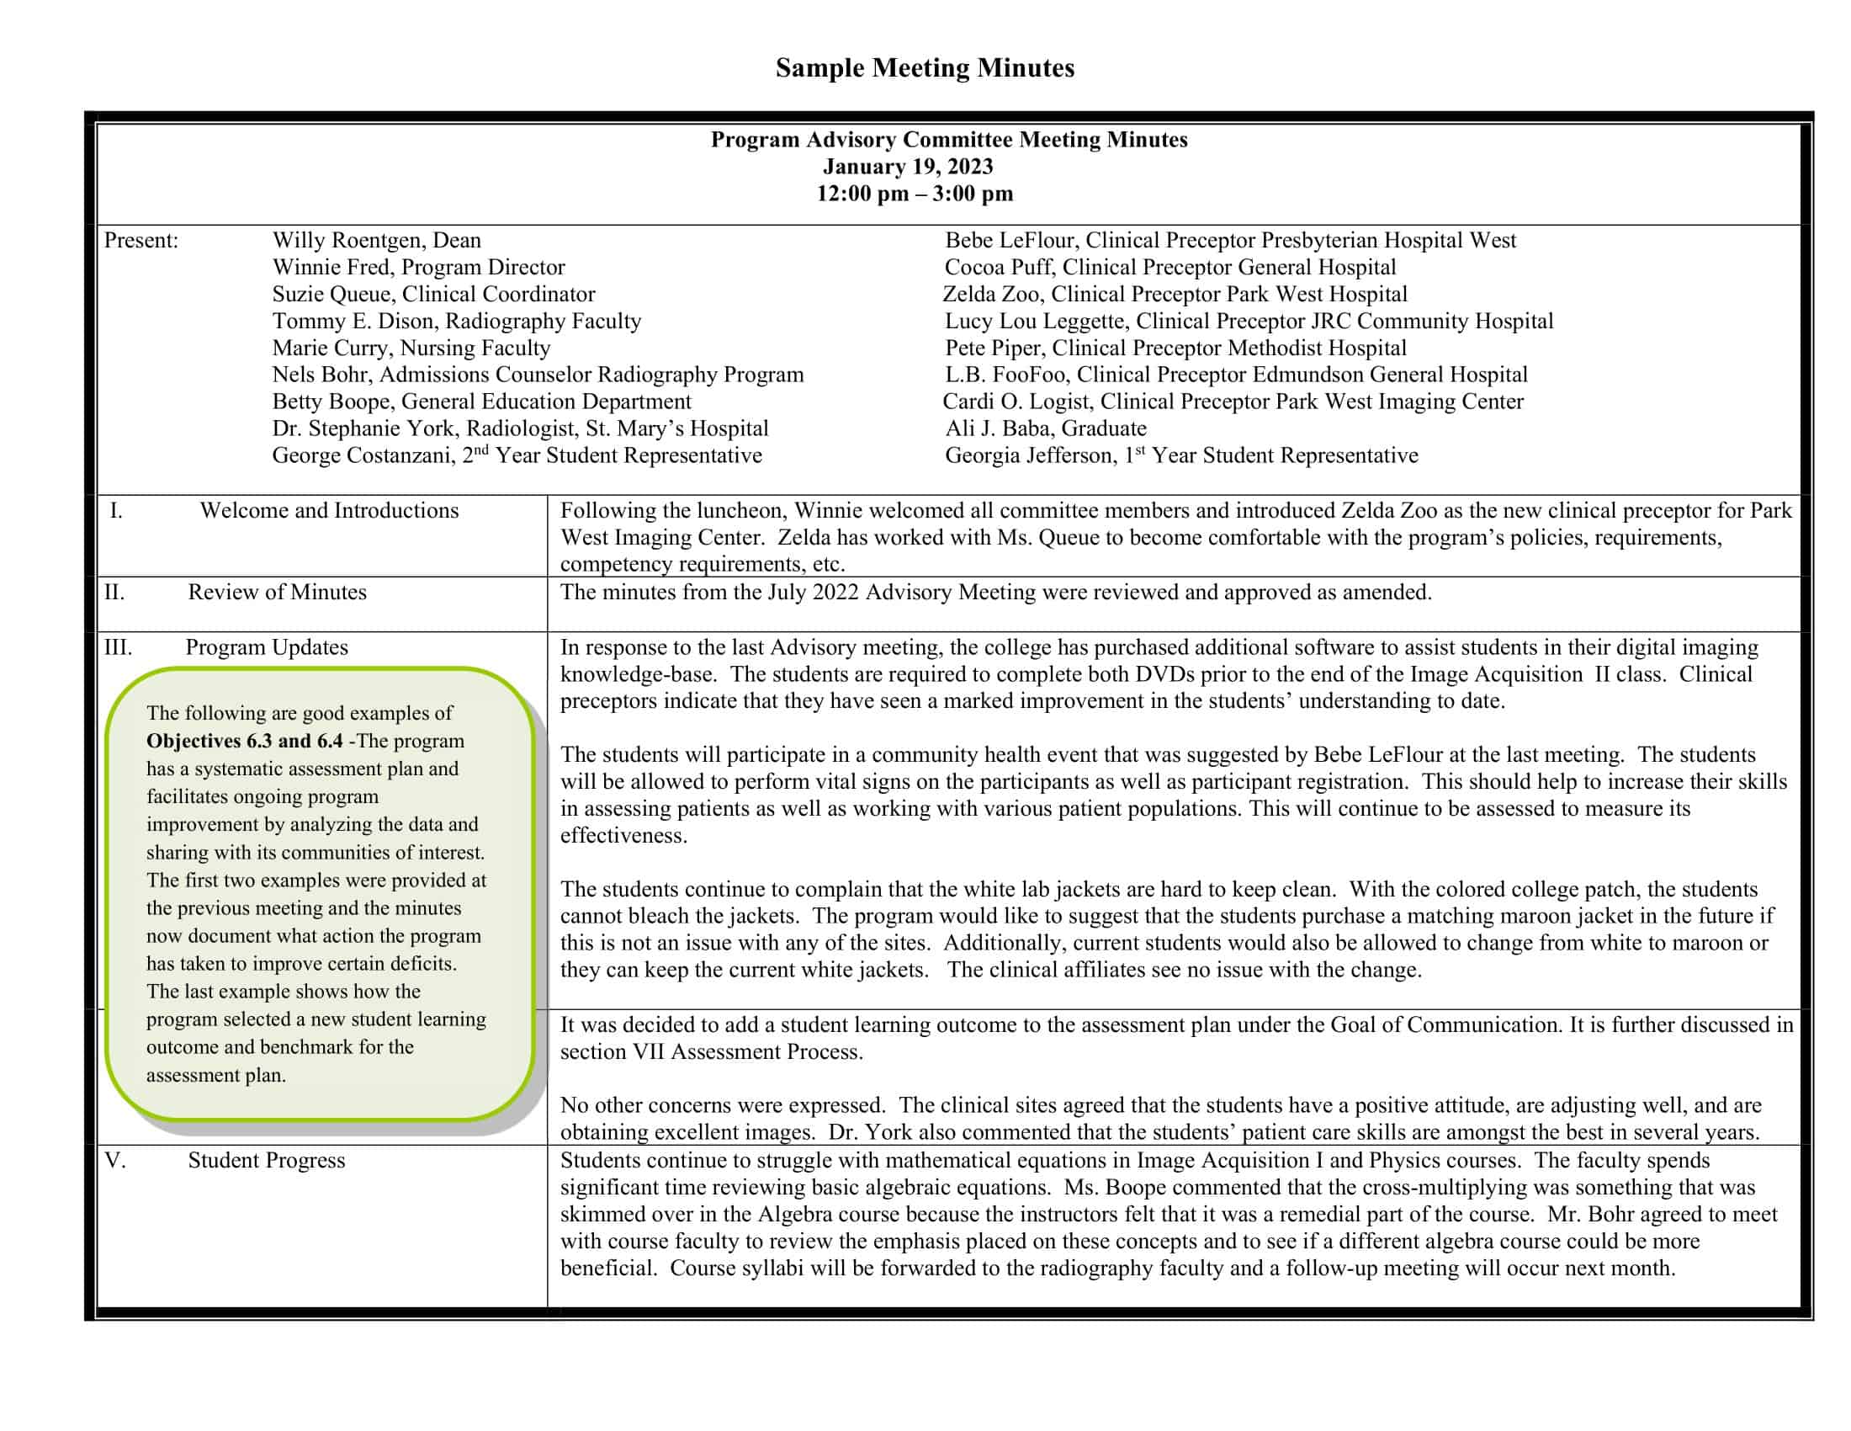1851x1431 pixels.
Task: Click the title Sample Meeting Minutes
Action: pos(925,68)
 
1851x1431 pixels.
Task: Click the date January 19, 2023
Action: pos(908,167)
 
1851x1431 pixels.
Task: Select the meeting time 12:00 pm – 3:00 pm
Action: pos(915,194)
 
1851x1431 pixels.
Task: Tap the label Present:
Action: pos(141,241)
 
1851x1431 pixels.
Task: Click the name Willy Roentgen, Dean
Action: pos(376,241)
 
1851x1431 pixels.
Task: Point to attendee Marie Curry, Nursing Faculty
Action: pos(411,348)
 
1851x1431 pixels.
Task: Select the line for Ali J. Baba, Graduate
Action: pos(1046,429)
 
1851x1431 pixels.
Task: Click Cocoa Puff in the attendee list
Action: pos(1000,268)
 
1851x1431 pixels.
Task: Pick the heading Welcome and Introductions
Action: pos(329,510)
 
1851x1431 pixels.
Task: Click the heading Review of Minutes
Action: pos(277,593)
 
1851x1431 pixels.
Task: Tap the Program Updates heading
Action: pos(267,647)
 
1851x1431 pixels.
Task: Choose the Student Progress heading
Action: pos(266,1161)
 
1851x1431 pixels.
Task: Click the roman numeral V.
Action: pos(115,1161)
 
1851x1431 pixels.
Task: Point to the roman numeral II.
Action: pos(114,593)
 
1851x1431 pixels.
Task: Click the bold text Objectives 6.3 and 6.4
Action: pos(244,741)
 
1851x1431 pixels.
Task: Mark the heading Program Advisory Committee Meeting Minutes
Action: pos(948,140)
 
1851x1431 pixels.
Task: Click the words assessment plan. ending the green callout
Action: pos(216,1076)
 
